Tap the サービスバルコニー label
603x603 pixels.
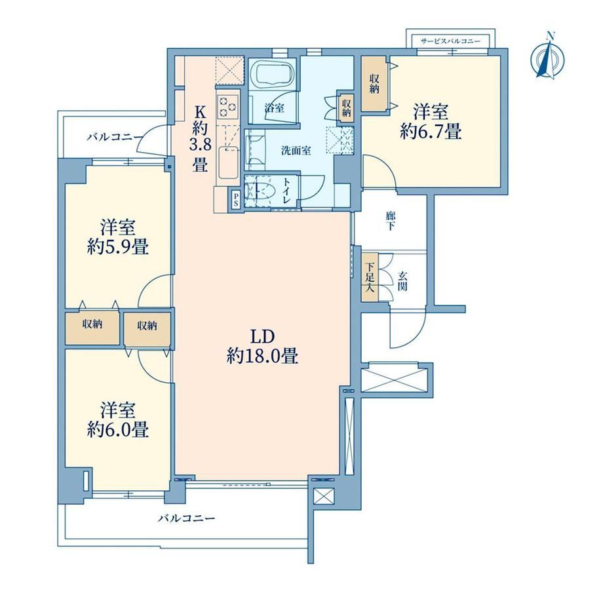point(450,41)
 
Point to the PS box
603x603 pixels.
point(235,199)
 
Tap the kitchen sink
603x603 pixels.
point(229,162)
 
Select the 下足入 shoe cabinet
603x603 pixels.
point(370,277)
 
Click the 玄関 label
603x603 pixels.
point(402,281)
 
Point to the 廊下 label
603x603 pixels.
point(391,221)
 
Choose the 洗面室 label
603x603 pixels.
point(296,150)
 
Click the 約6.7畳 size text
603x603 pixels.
point(431,132)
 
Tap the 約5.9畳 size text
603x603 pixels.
point(118,247)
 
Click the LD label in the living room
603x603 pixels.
point(262,337)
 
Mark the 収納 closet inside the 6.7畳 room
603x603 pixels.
point(374,84)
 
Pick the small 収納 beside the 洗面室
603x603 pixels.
point(346,107)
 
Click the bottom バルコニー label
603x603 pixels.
point(187,518)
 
